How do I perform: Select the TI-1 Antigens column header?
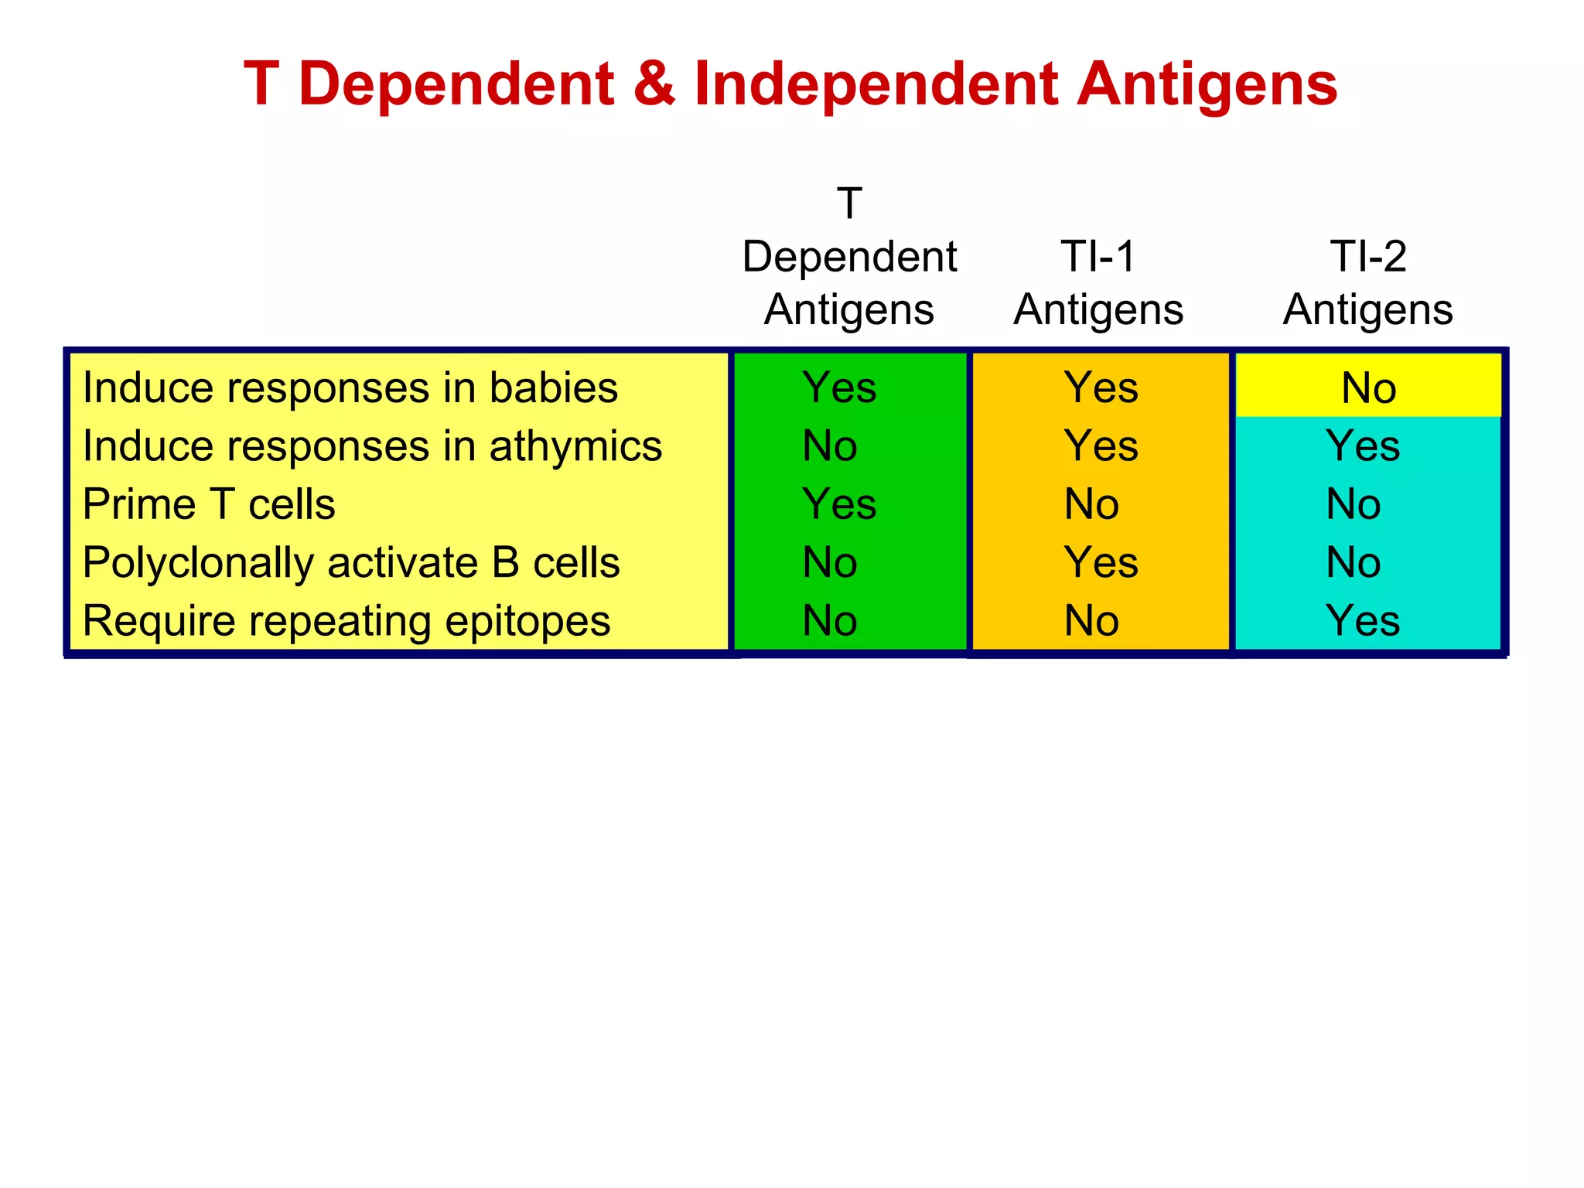tap(1098, 282)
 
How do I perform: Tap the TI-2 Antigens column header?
tap(1367, 282)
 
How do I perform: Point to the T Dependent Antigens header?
tap(849, 257)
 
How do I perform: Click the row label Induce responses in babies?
tap(350, 387)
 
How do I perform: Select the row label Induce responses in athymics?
tap(372, 446)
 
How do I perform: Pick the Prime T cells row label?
tap(209, 504)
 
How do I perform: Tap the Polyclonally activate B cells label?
tap(350, 562)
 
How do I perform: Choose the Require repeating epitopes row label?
tap(346, 620)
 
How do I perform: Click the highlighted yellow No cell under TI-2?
tap(1368, 387)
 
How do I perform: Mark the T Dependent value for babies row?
tap(839, 387)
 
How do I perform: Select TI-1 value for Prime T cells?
tap(1091, 504)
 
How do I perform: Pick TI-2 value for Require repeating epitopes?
tap(1363, 620)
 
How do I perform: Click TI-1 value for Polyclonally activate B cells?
tap(1101, 562)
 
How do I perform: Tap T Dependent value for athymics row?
tap(830, 446)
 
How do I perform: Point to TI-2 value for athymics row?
tap(1363, 446)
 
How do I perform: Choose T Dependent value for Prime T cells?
tap(839, 504)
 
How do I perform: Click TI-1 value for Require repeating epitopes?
tap(1091, 620)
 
